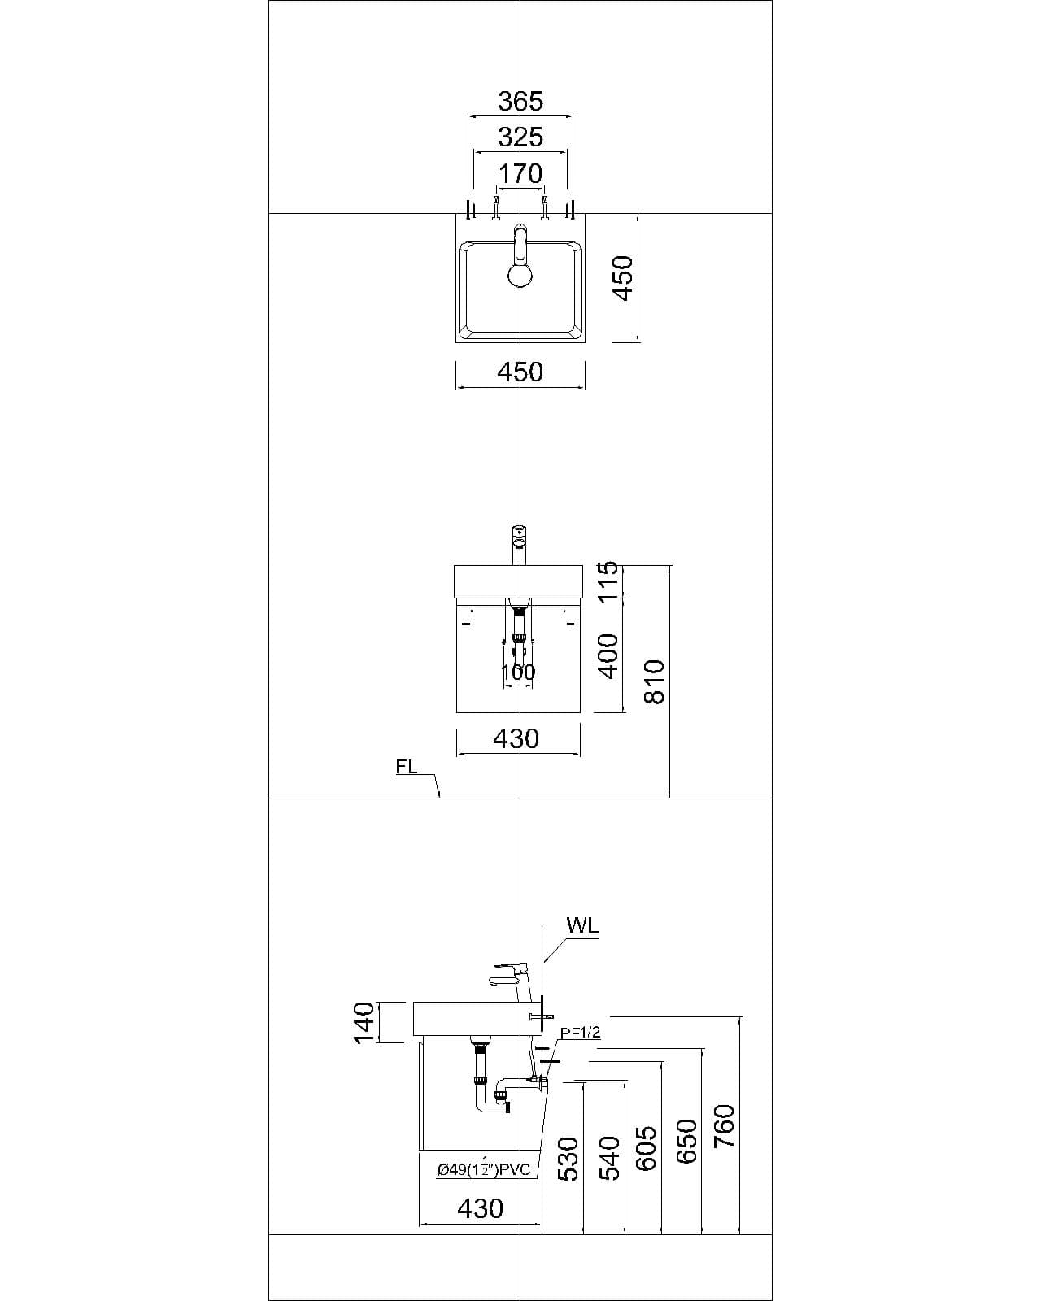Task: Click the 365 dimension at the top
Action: point(520,102)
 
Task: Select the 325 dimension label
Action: point(520,137)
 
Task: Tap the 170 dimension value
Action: point(520,174)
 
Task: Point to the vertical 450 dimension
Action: point(623,278)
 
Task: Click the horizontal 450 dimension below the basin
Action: point(520,372)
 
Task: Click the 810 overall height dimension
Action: point(655,681)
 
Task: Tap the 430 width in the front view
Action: point(517,739)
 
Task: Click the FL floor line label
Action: point(407,767)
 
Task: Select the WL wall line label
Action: point(582,926)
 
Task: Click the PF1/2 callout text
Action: point(580,1033)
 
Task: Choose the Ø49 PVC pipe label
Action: point(483,1169)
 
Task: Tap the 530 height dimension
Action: point(568,1159)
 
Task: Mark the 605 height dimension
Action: point(647,1149)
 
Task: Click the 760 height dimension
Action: point(724,1126)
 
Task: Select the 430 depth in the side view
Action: point(481,1209)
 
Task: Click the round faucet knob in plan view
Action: point(520,275)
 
